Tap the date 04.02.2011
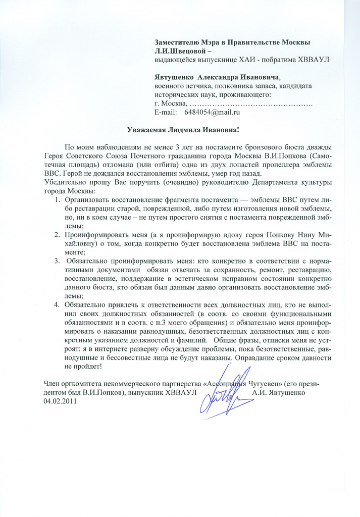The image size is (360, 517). click(62, 400)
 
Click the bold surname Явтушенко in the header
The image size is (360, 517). click(174, 77)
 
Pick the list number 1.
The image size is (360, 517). click(57, 200)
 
